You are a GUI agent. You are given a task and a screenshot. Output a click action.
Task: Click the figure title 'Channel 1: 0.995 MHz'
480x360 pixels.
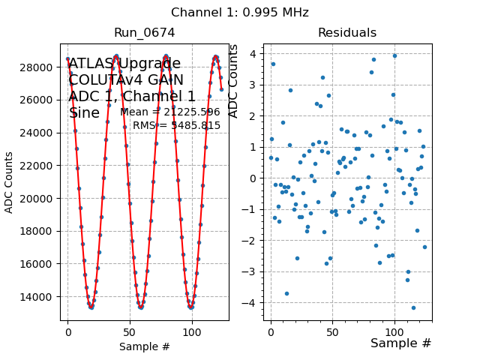click(x=239, y=13)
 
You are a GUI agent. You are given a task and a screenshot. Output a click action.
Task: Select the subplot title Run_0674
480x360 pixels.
click(x=144, y=33)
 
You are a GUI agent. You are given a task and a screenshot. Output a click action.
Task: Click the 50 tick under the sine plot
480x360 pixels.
click(x=130, y=332)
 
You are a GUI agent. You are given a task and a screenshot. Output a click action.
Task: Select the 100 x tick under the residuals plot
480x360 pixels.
click(x=394, y=332)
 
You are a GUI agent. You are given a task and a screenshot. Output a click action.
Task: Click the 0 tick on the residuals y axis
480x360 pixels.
click(x=254, y=178)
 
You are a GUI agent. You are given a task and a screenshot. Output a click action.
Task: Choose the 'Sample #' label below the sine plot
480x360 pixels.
click(x=144, y=346)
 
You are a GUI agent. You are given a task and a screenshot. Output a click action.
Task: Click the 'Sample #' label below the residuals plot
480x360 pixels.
click(x=400, y=343)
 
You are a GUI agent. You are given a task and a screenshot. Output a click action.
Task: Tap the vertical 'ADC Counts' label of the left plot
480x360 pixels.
click(x=10, y=182)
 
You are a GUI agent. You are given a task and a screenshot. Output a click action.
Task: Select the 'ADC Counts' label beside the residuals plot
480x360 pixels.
click(x=233, y=81)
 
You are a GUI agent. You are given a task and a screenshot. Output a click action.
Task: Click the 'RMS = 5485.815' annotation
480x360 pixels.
click(x=176, y=125)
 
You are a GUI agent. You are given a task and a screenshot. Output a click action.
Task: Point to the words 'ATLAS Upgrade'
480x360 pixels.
click(x=124, y=64)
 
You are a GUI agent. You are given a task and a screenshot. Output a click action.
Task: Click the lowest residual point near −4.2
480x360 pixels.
click(x=413, y=307)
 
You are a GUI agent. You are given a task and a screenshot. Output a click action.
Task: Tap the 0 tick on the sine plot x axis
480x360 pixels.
click(x=67, y=332)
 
